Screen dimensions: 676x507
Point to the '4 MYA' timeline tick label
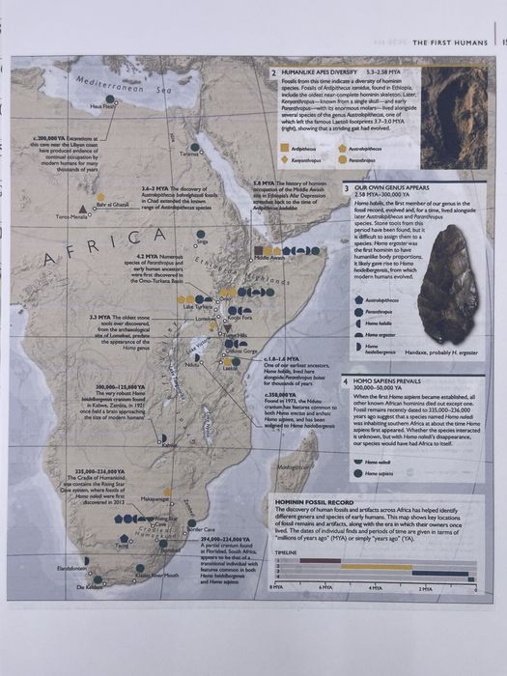[x=374, y=587]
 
